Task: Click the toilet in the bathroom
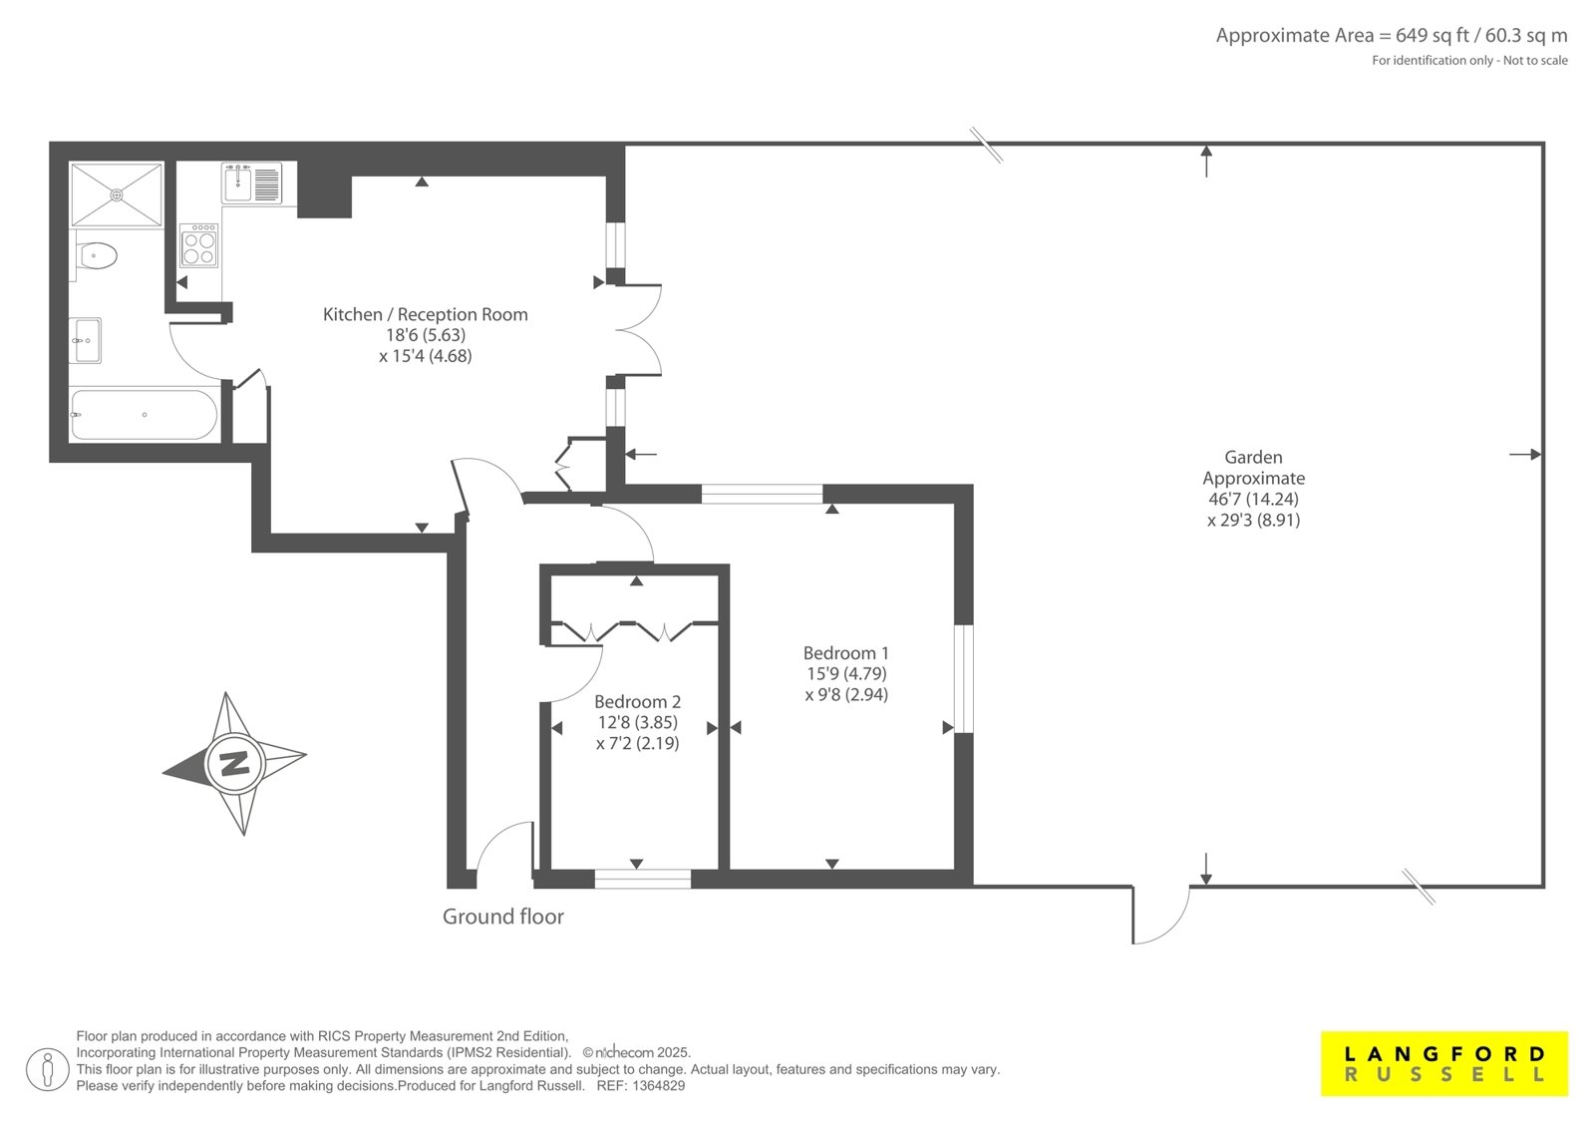tap(96, 256)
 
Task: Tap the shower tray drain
tap(117, 194)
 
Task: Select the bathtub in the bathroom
tap(144, 415)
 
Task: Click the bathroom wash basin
tap(88, 341)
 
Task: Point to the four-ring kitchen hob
tap(199, 245)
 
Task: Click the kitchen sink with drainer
tap(252, 184)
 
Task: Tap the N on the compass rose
tap(235, 764)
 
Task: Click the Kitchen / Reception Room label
tap(425, 314)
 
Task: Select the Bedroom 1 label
tap(846, 652)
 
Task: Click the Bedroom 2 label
tap(637, 702)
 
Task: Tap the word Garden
tap(1253, 457)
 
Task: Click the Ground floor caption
tap(503, 917)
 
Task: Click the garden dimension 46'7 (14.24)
tap(1253, 499)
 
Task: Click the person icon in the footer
tap(47, 1069)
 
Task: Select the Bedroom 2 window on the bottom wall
tap(642, 879)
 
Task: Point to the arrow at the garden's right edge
tap(1525, 454)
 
